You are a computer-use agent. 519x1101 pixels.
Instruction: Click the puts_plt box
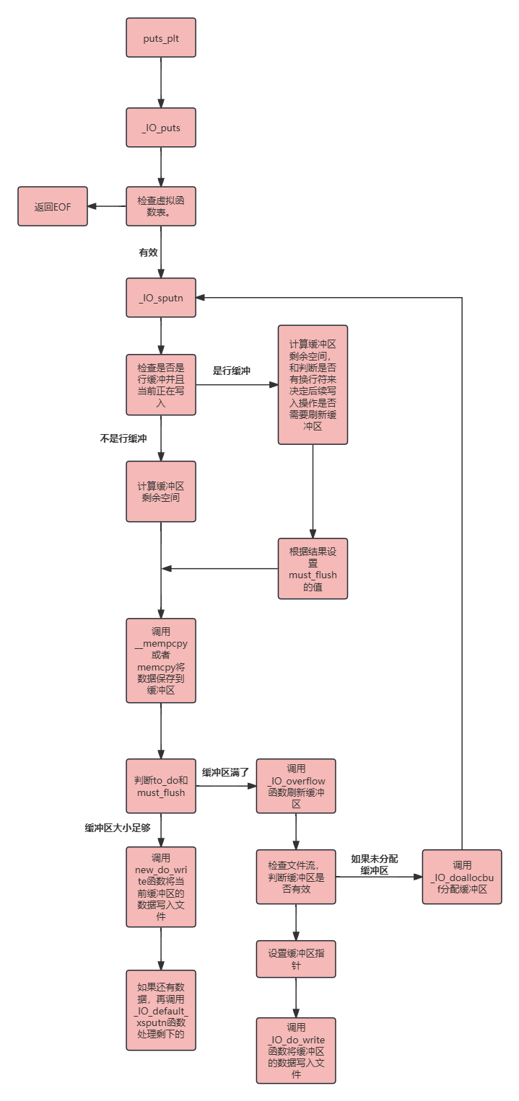(x=161, y=38)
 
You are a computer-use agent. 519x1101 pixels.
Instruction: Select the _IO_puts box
(x=161, y=128)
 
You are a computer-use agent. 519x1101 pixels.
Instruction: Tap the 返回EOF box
(x=53, y=206)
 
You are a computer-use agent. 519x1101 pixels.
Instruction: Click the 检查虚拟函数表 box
(x=161, y=206)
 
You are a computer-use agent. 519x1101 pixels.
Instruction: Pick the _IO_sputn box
(x=161, y=297)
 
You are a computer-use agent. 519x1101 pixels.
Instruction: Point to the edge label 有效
(x=149, y=252)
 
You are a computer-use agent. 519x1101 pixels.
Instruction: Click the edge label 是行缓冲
(x=231, y=371)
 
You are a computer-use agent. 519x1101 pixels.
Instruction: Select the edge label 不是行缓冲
(x=123, y=438)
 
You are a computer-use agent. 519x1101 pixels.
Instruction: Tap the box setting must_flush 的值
(x=313, y=569)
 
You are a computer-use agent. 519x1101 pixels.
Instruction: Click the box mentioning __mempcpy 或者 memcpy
(x=161, y=660)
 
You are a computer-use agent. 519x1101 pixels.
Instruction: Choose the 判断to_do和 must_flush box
(x=161, y=786)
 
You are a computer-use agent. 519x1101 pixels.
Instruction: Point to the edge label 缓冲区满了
(x=225, y=772)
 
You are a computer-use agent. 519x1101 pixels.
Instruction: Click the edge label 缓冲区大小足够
(x=118, y=828)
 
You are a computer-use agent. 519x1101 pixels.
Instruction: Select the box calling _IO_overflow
(x=296, y=786)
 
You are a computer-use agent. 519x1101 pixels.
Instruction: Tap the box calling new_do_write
(x=161, y=887)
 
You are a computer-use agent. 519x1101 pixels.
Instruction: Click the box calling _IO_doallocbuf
(x=462, y=877)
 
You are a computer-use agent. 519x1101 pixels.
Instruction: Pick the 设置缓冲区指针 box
(x=296, y=959)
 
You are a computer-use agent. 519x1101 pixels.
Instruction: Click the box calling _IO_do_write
(x=296, y=1051)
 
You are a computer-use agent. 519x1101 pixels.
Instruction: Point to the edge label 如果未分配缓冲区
(x=375, y=865)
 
